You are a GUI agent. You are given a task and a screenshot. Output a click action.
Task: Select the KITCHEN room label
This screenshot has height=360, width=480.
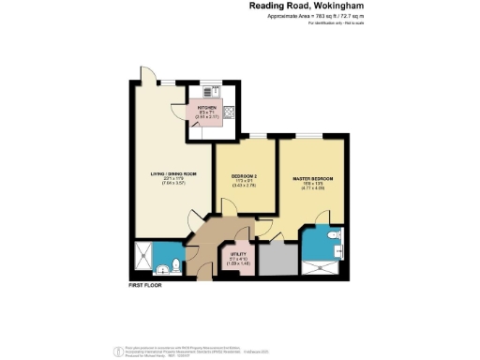click(207, 108)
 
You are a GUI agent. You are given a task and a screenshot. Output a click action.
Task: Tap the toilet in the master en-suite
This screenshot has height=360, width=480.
click(336, 236)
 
